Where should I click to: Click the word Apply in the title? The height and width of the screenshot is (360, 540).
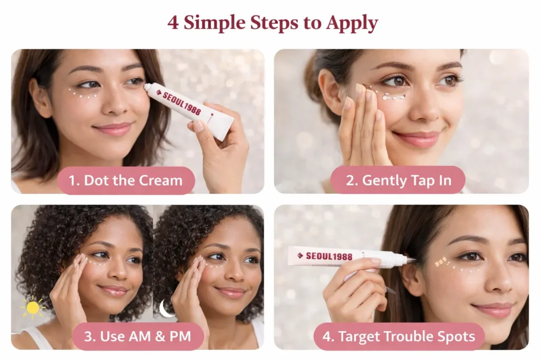(352, 23)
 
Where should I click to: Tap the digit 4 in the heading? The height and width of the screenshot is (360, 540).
(173, 23)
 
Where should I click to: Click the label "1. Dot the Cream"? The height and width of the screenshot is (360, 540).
(126, 180)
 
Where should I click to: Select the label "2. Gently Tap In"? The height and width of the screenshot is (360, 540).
(398, 180)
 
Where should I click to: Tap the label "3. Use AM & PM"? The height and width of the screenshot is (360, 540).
(138, 336)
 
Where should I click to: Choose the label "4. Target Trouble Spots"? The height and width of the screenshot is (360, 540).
(399, 336)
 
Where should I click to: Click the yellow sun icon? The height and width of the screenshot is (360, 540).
(33, 307)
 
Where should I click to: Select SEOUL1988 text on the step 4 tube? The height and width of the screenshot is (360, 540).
(329, 256)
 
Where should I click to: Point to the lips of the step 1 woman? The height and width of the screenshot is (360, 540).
(112, 129)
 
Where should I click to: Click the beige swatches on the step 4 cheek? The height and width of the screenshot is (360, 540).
(441, 261)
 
